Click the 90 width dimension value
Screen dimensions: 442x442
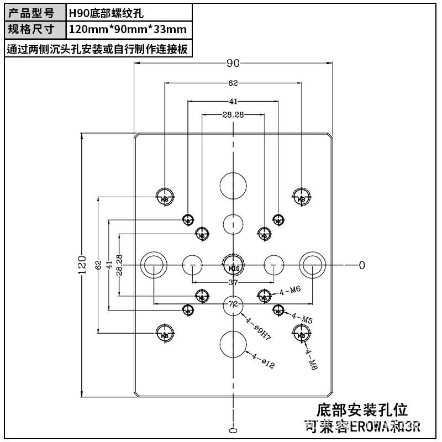pyautogui.click(x=233, y=63)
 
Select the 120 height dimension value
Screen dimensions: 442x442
pyautogui.click(x=82, y=265)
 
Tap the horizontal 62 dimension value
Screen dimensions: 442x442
pyautogui.click(x=233, y=83)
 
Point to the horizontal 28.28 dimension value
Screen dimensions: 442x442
pyautogui.click(x=233, y=114)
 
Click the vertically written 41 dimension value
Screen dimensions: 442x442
pyautogui.click(x=109, y=265)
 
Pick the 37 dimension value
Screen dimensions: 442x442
pyautogui.click(x=233, y=282)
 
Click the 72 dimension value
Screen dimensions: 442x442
pyautogui.click(x=233, y=304)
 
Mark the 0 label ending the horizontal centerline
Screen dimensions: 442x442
pyautogui.click(x=362, y=265)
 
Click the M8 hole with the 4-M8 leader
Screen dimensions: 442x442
pyautogui.click(x=301, y=333)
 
